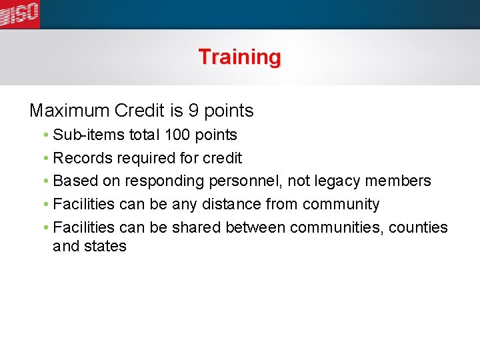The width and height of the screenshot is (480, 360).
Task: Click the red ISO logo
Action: point(19,14)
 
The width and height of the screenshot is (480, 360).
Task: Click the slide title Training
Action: point(239,57)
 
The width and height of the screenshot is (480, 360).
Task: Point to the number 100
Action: point(177,135)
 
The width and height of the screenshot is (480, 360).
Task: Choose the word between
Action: point(256,227)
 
